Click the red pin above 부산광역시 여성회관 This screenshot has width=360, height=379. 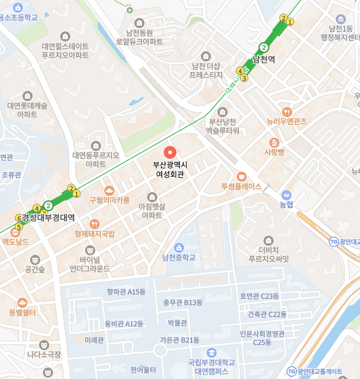pyautogui.click(x=169, y=152)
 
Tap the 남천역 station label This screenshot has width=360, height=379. pyautogui.click(x=263, y=59)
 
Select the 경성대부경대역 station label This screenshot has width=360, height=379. pyautogui.click(x=49, y=217)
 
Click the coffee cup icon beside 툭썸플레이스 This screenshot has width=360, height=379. pyautogui.click(x=241, y=176)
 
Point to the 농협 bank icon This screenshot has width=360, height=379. pyautogui.click(x=286, y=195)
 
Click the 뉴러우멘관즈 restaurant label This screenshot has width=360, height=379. pyautogui.click(x=286, y=121)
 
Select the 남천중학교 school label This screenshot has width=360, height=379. pyautogui.click(x=179, y=257)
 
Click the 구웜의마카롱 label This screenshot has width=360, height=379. pyautogui.click(x=109, y=200)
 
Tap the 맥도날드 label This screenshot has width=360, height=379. pyautogui.click(x=15, y=241)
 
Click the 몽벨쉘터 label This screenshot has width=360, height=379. pyautogui.click(x=22, y=312)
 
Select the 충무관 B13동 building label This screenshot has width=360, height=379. pyautogui.click(x=182, y=302)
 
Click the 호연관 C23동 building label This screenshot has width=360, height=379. pyautogui.click(x=259, y=296)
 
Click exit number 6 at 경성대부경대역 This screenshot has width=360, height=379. pyautogui.click(x=19, y=218)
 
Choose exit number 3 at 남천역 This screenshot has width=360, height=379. pyautogui.click(x=244, y=79)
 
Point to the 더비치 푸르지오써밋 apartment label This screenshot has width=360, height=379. pyautogui.click(x=269, y=255)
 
